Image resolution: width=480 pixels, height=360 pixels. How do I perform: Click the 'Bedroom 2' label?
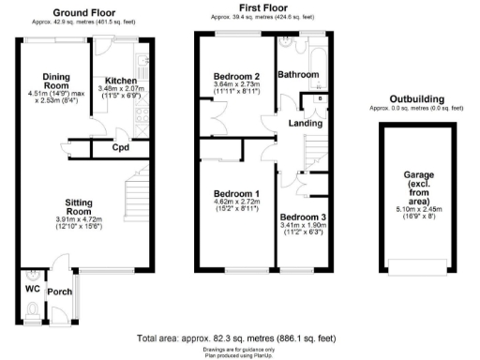[x=236, y=77]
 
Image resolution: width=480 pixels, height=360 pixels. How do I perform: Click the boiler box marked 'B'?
[x=321, y=97]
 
